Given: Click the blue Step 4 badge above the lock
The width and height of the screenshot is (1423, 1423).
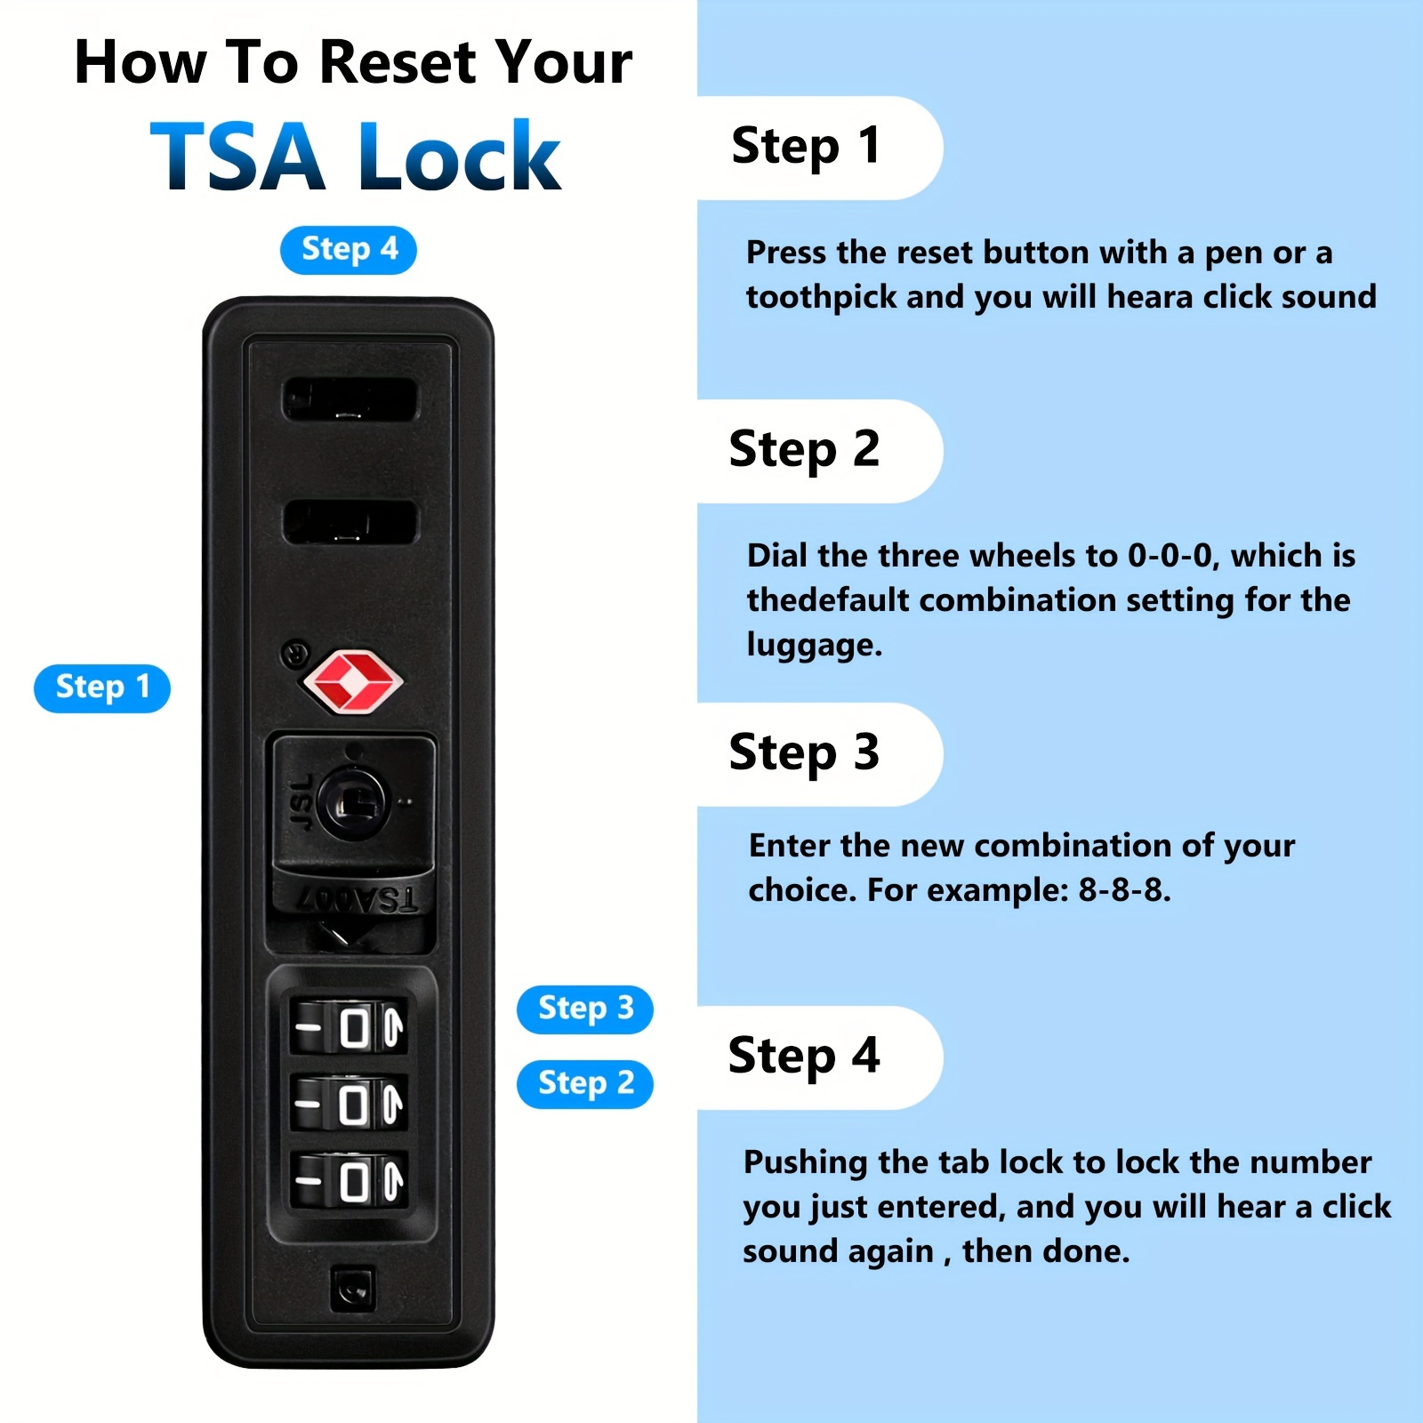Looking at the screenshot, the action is click(349, 250).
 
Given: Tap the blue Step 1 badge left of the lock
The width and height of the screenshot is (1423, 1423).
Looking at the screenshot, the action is click(102, 688).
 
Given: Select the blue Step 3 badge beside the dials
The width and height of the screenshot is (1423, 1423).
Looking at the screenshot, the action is click(585, 1009).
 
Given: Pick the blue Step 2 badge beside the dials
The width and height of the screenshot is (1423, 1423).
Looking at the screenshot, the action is click(585, 1084).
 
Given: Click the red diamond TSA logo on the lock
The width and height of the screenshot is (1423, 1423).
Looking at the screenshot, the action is click(353, 682).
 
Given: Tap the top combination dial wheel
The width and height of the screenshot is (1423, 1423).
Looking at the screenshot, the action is click(350, 1028).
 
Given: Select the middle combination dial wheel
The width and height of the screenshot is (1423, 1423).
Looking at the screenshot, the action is click(350, 1105).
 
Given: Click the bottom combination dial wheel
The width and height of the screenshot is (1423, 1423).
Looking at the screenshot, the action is click(350, 1180).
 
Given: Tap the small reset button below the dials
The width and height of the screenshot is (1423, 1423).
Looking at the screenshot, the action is click(353, 1289).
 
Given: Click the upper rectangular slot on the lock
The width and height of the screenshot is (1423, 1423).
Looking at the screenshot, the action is click(350, 399).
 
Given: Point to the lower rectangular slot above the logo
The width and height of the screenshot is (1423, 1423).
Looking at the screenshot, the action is click(350, 522).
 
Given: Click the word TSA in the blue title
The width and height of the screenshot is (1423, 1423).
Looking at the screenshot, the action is click(238, 157).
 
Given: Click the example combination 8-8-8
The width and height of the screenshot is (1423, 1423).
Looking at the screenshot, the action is click(1124, 889).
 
